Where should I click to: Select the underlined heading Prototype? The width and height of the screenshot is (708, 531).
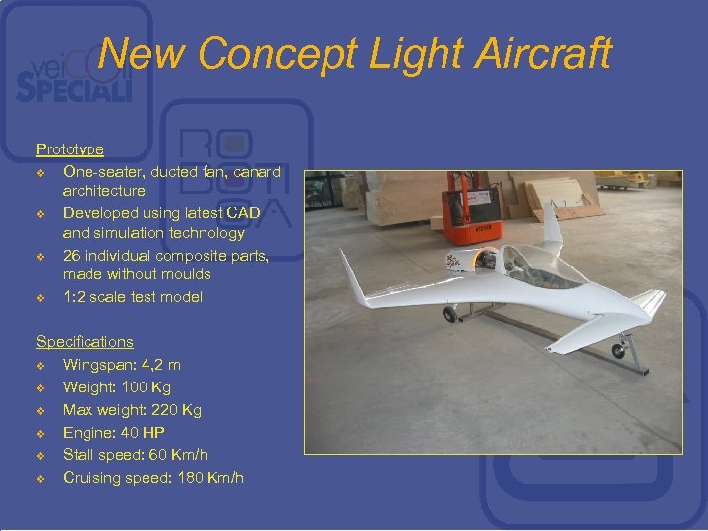70,149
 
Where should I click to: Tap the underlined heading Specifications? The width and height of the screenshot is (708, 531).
85,342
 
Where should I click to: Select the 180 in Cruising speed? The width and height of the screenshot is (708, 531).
192,478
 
